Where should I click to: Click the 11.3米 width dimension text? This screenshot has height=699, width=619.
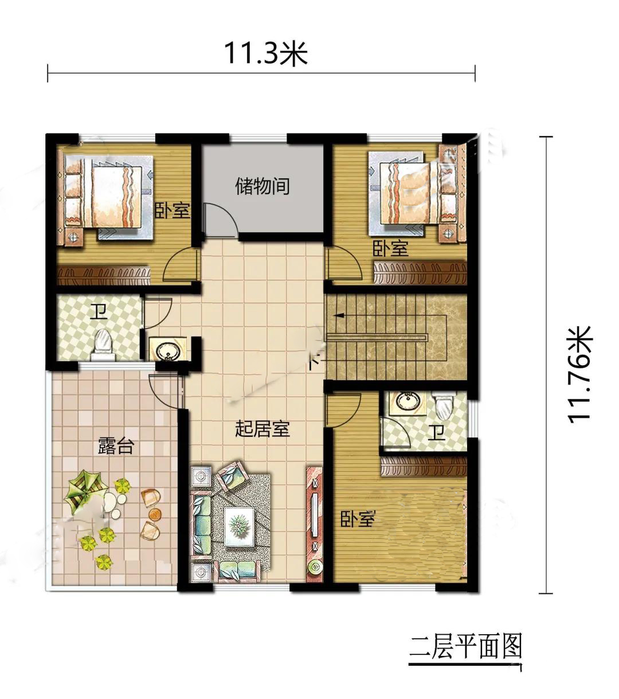pos(265,53)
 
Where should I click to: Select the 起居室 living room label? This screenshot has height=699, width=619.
pos(262,429)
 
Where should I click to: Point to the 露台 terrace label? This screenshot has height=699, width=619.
pos(115,445)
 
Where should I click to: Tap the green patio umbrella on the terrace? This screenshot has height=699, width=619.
pos(84,490)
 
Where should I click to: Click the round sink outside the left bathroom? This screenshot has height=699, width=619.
pos(168,350)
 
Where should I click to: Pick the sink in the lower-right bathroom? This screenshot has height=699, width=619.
pos(408,402)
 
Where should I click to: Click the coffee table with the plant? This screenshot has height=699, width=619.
pos(240,527)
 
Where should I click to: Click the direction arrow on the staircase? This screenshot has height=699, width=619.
pos(338,315)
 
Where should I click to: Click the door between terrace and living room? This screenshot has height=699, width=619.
pos(165,392)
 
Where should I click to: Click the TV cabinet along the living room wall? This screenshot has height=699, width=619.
pos(314,524)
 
